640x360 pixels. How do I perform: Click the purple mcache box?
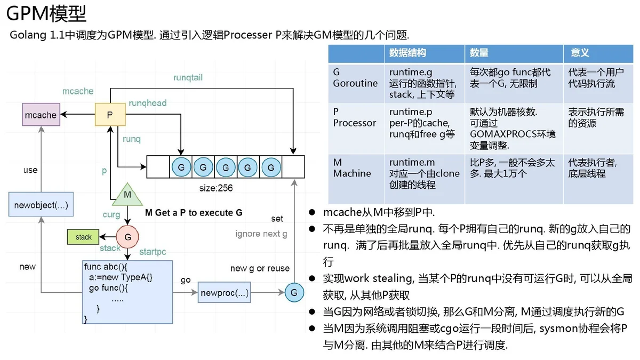pos(41,115)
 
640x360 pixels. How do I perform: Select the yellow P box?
pos(110,115)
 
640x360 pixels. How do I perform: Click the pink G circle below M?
pos(127,237)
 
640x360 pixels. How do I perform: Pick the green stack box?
pos(83,237)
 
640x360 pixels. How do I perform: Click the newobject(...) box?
pos(41,204)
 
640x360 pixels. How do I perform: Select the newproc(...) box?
pos(225,292)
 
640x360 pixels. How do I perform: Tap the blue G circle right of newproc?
pos(294,292)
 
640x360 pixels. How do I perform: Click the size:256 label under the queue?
pos(216,188)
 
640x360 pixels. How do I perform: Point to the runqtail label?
pos(188,77)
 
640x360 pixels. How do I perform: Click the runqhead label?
pos(148,103)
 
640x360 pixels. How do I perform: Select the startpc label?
pos(153,252)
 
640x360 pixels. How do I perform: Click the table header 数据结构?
pos(407,53)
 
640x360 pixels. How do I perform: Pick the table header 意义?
pos(580,53)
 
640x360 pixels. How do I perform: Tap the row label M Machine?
pos(352,167)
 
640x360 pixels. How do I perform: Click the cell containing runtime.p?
pos(425,129)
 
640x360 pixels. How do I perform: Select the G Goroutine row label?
pos(355,77)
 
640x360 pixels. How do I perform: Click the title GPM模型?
pos(46,13)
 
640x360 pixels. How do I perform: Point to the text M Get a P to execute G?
pos(194,213)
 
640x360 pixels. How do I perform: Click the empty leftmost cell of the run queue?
pos(158,167)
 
